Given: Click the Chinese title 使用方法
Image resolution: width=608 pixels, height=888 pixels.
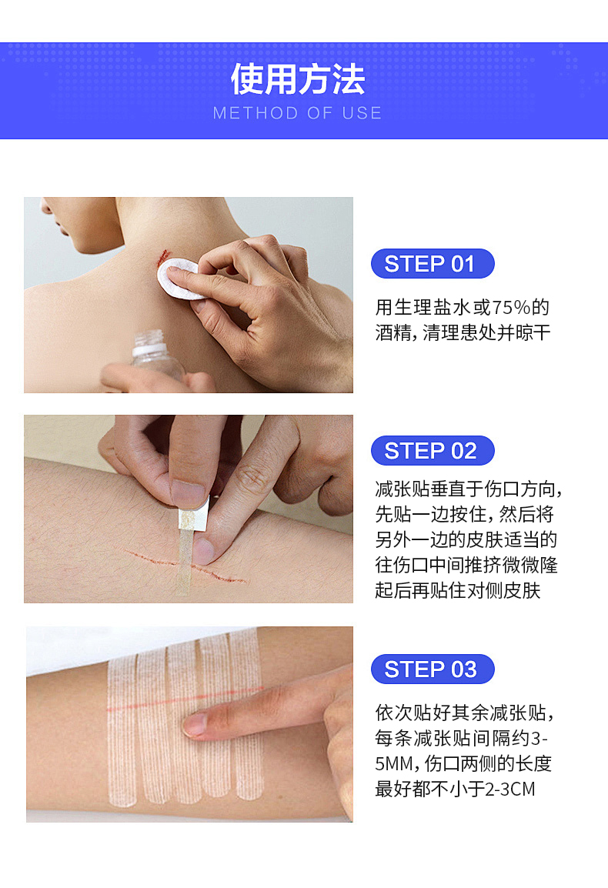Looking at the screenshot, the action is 298,79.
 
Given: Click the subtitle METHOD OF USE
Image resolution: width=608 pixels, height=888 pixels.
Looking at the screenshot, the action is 298,113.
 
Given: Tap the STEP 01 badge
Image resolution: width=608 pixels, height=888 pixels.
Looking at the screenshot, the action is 433,264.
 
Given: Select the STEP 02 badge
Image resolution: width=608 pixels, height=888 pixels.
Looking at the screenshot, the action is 433,451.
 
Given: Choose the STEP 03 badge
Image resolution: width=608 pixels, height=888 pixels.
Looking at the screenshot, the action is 433,669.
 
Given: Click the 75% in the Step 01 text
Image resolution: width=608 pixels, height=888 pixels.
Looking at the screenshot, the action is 511,308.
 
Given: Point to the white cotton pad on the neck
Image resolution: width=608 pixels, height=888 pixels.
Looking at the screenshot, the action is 179,278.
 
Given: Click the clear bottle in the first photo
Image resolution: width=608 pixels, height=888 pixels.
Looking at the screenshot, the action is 156,357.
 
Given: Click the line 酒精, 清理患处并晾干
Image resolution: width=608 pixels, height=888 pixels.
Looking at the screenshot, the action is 463,332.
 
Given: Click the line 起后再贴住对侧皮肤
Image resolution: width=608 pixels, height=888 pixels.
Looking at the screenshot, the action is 458,591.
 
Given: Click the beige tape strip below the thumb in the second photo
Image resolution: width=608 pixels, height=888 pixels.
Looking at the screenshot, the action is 184,561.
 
